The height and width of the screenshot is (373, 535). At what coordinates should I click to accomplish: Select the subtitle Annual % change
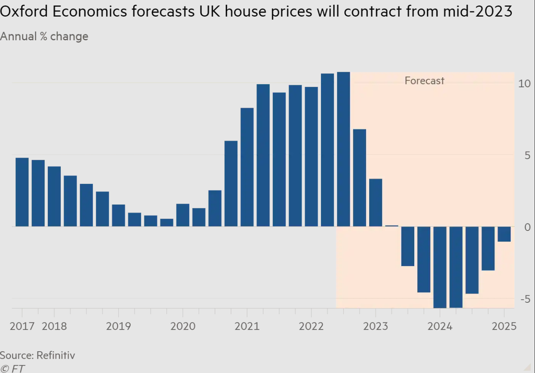(44, 36)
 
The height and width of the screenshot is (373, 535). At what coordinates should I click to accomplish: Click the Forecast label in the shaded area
(424, 81)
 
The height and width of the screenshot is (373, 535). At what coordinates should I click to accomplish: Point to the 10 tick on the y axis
(524, 84)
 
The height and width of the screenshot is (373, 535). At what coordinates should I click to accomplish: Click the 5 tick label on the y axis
(527, 155)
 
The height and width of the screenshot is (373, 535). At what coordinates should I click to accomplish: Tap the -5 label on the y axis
(525, 298)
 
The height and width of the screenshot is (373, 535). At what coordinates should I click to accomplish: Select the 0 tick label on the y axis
(527, 227)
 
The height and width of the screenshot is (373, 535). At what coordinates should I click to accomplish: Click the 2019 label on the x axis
(118, 326)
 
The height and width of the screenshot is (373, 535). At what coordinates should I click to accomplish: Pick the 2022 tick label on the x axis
(312, 326)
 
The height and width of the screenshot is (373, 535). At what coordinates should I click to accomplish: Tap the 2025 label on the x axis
(504, 326)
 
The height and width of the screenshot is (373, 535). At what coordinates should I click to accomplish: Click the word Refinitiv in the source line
(55, 355)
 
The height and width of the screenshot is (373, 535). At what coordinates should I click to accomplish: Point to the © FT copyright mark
(13, 368)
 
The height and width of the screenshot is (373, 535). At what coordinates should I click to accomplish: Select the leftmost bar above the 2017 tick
(22, 192)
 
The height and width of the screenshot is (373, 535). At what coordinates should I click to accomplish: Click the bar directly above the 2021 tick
(247, 167)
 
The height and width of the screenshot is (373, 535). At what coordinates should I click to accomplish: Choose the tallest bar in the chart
(343, 149)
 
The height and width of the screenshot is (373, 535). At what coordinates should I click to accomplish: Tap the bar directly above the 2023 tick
(375, 202)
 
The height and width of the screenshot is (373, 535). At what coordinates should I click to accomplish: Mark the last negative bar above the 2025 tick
(504, 234)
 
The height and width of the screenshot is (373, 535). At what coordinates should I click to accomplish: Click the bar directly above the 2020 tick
(183, 215)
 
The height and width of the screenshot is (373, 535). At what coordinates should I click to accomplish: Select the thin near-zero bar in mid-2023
(391, 226)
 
